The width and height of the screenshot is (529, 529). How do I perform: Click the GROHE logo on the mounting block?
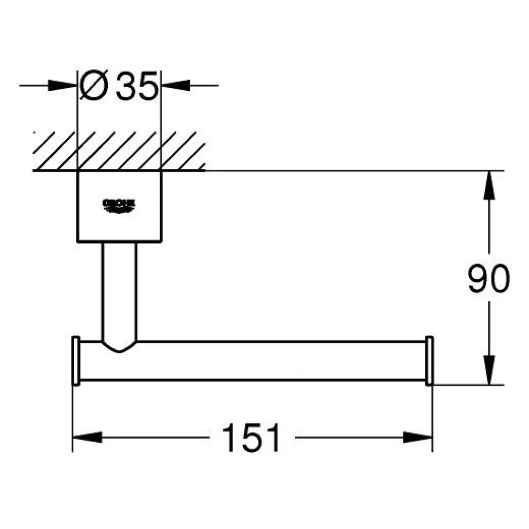coord(119,206)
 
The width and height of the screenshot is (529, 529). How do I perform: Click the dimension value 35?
coord(137,86)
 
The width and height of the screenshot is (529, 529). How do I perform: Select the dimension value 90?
coord(489,279)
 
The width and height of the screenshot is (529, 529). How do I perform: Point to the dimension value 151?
coord(252,437)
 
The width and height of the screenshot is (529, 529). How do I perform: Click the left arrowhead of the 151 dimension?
coord(87,437)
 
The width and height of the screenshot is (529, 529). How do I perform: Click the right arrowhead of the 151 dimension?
coord(417,437)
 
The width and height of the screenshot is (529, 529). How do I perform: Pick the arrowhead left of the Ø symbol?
coord(63,86)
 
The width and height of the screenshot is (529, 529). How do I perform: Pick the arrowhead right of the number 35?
coord(175,86)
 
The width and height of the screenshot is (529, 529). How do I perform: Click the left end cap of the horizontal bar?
coord(76,361)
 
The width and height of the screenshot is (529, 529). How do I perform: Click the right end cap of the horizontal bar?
coord(429,361)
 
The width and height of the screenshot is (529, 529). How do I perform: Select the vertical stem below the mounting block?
coord(119,291)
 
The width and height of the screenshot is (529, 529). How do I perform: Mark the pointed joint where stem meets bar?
coord(119,347)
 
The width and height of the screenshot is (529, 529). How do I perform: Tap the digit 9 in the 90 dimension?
coord(478,279)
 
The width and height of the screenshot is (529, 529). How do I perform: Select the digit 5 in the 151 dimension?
coord(252,437)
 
